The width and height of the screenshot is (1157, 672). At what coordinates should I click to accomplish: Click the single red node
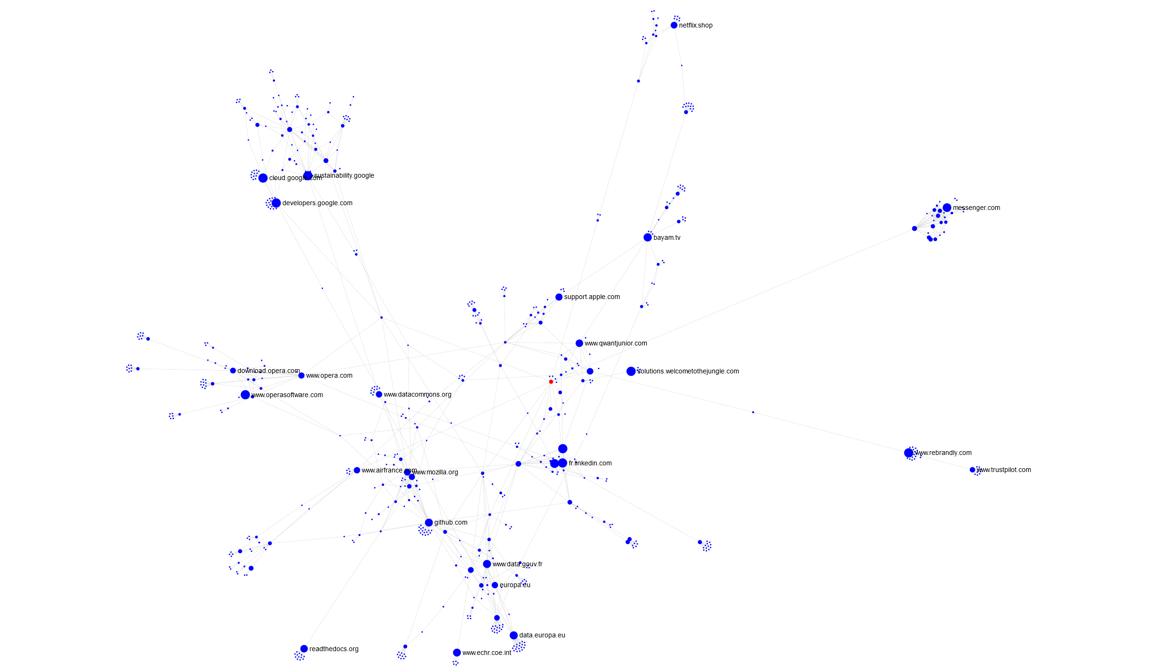(551, 381)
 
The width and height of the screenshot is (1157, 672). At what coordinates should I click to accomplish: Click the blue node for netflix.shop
(674, 25)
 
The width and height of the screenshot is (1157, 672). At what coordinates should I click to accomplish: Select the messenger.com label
(976, 208)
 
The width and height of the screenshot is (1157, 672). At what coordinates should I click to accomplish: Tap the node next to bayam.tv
(647, 237)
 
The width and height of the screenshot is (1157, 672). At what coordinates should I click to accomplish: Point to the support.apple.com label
(592, 297)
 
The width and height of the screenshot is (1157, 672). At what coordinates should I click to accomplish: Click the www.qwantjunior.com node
(579, 343)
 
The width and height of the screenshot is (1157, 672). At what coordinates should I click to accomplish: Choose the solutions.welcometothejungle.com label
(688, 371)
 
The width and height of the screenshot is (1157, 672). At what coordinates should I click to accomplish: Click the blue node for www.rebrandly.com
(909, 453)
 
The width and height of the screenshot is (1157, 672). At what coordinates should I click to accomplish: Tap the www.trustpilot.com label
(1004, 470)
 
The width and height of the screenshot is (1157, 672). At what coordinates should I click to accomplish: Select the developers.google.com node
(276, 203)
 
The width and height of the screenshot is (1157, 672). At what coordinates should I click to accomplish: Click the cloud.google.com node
(263, 178)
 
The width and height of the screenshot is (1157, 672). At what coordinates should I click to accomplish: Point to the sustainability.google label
(344, 175)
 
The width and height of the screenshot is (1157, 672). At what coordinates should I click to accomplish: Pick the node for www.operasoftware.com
(245, 395)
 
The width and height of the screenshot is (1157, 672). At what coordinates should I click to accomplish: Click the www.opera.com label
(329, 375)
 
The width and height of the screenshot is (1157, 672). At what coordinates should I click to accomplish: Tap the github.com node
(429, 522)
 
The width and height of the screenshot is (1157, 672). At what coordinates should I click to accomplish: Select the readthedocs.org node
(304, 649)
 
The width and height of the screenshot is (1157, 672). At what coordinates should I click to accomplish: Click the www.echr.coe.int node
(457, 653)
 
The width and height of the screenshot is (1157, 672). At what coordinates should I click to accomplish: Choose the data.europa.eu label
(542, 635)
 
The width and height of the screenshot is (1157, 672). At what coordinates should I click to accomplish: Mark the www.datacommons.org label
(417, 394)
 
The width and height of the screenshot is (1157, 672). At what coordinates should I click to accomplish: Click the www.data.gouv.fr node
(487, 564)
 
